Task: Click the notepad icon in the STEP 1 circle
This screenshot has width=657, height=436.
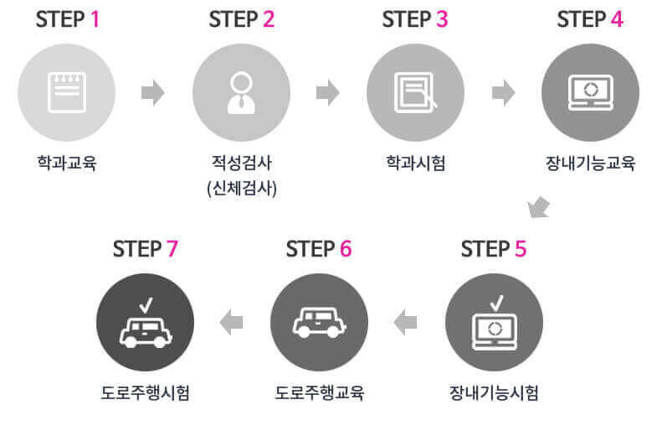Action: pyautogui.click(x=66, y=92)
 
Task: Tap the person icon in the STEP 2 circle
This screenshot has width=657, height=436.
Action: pyautogui.click(x=241, y=92)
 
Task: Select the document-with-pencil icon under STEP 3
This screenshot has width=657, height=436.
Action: pyautogui.click(x=416, y=92)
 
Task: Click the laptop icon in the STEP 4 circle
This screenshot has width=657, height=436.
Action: pyautogui.click(x=590, y=92)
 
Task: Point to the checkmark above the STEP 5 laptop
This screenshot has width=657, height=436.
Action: pyautogui.click(x=496, y=300)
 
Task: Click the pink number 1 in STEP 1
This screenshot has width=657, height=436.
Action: pyautogui.click(x=95, y=19)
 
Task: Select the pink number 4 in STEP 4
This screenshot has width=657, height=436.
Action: pyautogui.click(x=617, y=19)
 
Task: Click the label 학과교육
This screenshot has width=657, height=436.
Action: pyautogui.click(x=66, y=163)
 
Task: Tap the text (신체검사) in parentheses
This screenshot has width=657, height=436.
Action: pyautogui.click(x=241, y=187)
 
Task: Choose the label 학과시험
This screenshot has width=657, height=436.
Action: pyautogui.click(x=415, y=163)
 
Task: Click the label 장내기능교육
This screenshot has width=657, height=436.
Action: pyautogui.click(x=590, y=163)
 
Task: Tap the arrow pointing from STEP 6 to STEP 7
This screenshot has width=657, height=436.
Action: pyautogui.click(x=231, y=321)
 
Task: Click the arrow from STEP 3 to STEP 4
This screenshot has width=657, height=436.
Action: pyautogui.click(x=503, y=92)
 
